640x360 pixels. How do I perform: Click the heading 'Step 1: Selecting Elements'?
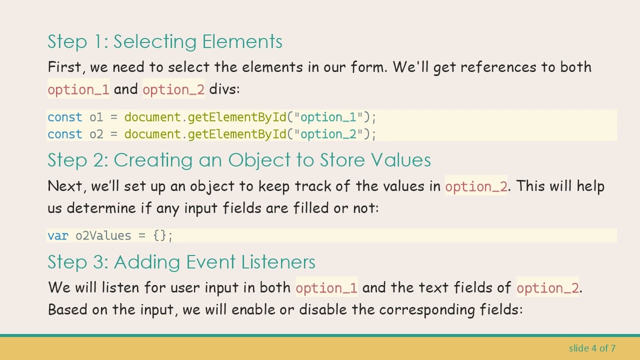[164, 41]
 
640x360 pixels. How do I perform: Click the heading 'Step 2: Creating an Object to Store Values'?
[239, 160]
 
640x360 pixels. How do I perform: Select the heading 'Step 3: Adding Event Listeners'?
[181, 262]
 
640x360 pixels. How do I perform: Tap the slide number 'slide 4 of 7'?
[592, 348]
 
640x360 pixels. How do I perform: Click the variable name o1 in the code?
[96, 117]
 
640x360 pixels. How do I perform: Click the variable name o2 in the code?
[96, 134]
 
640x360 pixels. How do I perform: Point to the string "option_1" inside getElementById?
[328, 117]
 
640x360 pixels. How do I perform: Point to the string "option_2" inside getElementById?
[328, 134]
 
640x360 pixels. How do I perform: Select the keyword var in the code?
[58, 236]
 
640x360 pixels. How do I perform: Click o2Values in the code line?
[103, 236]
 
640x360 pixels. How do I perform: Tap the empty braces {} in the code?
[160, 236]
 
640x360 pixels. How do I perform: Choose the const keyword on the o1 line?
[65, 117]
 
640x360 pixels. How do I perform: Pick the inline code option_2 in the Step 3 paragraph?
[547, 288]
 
